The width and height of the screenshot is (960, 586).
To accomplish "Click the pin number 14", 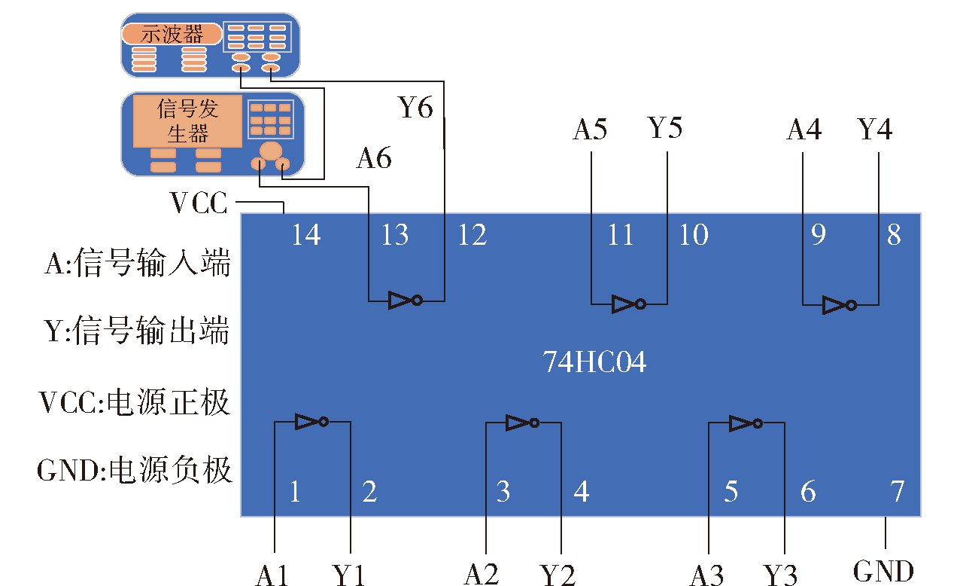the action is pos(306,235).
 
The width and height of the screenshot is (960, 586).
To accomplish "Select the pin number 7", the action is pos(897,491).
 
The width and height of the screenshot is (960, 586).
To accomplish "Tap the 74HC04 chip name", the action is pos(594,362).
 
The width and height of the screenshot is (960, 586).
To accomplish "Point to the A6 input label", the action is pos(374,158).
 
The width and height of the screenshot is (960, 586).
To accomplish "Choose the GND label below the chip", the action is pos(884,571).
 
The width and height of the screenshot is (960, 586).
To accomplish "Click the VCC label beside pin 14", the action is pos(199,203).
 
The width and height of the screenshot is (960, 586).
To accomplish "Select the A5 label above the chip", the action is pos(590,129).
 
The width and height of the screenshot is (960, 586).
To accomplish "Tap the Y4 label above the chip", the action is pos(875,129).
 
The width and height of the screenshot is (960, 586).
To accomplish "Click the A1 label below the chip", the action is pos(272,575).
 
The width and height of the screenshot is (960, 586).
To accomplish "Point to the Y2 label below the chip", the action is pos(557,575).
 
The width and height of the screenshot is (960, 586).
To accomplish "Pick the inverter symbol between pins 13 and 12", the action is pos(406,301).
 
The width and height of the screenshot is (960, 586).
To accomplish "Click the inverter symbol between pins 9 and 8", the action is pos(840,305).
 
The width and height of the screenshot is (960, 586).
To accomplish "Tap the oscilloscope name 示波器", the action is pos(172,34).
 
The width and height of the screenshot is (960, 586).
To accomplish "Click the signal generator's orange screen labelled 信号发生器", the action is pos(187,121).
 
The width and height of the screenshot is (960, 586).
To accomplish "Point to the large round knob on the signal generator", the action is pos(270,151).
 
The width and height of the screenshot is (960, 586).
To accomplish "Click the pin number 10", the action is pos(694,235).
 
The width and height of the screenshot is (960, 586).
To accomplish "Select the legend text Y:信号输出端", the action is pos(137,331).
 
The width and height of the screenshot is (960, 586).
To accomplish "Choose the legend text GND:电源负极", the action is pos(135,470).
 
